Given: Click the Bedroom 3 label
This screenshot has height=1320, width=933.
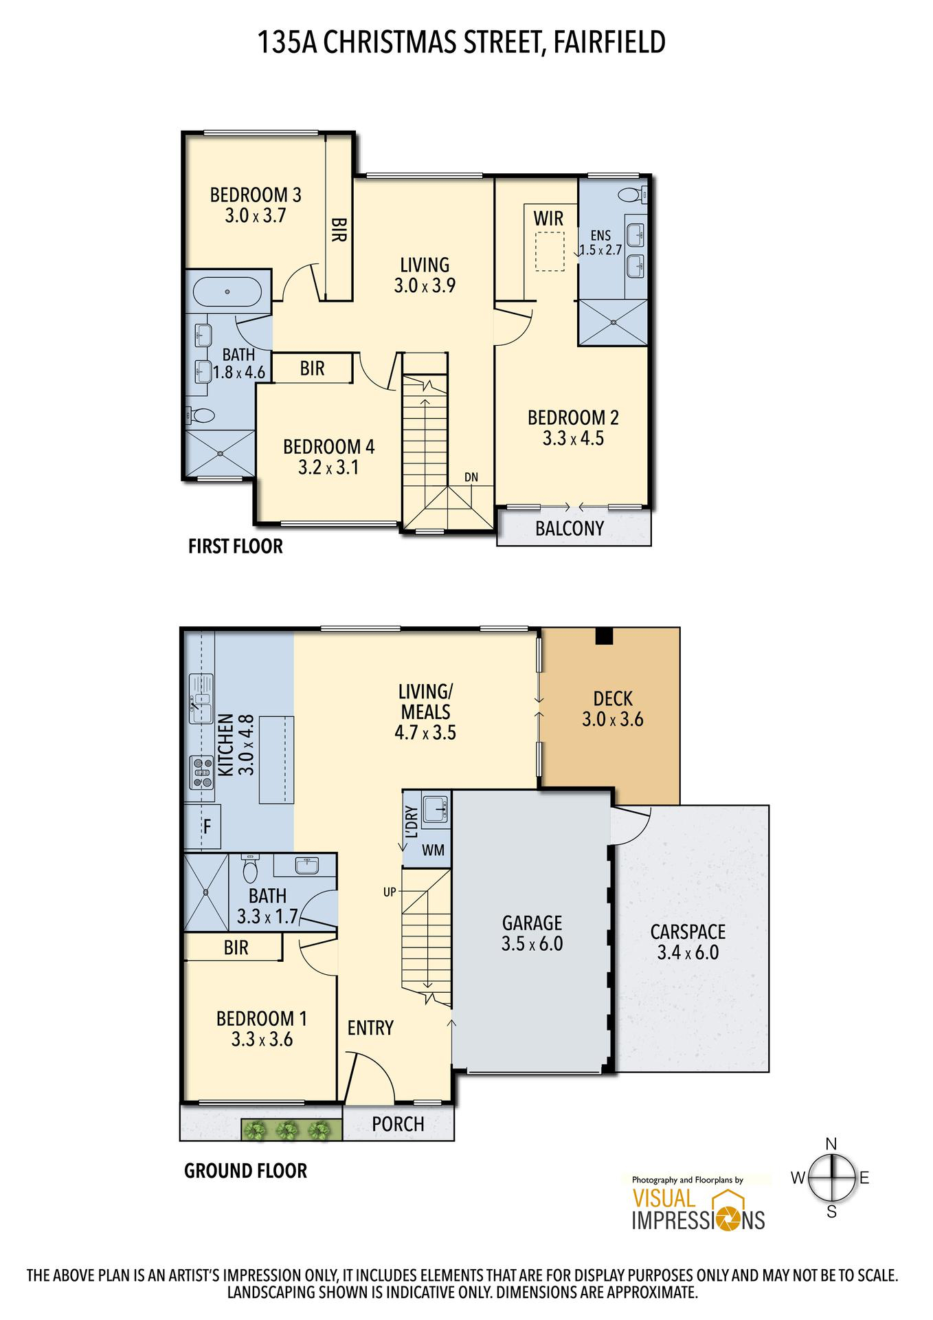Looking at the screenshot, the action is click(256, 195).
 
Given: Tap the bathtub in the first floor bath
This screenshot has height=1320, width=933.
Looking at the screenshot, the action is click(227, 293).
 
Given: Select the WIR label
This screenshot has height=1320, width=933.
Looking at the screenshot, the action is click(548, 219).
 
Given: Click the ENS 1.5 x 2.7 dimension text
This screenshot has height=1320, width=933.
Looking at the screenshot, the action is click(600, 250).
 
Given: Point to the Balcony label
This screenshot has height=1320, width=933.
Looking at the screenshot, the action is click(570, 529).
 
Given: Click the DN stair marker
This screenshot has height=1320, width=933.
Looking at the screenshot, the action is click(471, 477).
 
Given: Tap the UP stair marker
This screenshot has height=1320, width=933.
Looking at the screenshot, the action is click(390, 892).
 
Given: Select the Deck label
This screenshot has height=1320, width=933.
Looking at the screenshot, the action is click(613, 699).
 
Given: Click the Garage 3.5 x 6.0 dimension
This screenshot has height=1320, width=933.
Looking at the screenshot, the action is click(532, 944).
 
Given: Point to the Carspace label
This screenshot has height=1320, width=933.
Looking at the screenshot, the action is click(688, 932).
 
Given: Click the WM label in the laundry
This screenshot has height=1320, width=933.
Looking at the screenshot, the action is click(433, 850).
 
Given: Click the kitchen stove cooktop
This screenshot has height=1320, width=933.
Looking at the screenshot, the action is click(201, 772).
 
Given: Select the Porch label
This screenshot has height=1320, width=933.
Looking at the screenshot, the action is click(398, 1124).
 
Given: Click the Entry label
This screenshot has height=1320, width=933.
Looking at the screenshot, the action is click(370, 1028).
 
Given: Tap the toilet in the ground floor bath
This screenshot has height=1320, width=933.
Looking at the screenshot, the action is click(249, 869).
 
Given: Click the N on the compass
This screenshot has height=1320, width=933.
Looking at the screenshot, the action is click(831, 1144).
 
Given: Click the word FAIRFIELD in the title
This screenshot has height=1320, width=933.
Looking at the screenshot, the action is click(609, 42).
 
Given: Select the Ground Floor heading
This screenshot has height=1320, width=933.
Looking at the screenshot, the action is click(245, 1171).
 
